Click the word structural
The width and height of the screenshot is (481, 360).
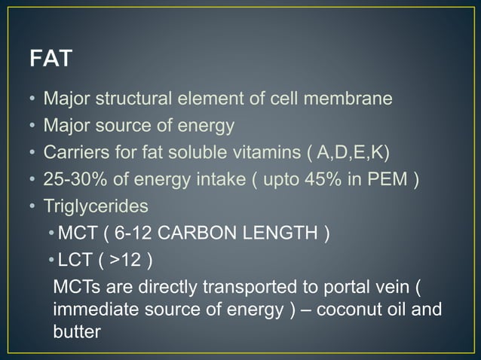click(145, 99)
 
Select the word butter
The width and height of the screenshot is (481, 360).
click(77, 331)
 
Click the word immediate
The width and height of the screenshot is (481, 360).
click(92, 310)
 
